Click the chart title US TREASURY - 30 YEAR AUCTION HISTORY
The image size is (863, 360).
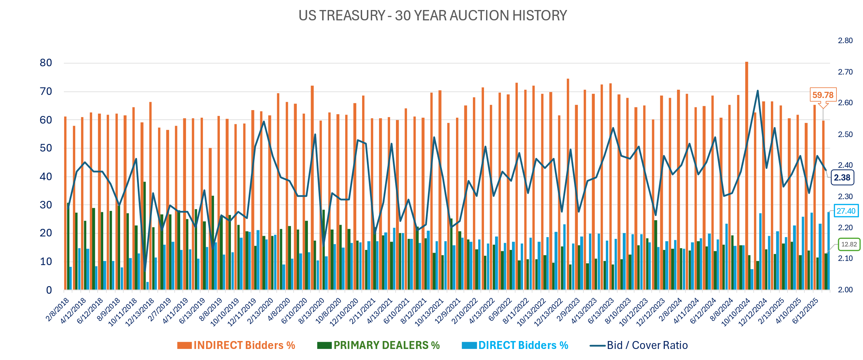433,16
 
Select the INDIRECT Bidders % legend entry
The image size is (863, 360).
236,345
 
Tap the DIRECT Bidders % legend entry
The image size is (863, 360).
515,345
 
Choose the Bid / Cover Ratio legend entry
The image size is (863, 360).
639,345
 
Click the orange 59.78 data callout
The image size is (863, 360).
823,95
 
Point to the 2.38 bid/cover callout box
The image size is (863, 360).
842,177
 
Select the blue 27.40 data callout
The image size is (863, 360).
846,211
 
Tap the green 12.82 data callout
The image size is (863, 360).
849,244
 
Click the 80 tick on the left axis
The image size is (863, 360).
46,63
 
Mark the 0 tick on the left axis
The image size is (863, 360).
49,290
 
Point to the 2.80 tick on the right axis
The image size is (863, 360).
845,41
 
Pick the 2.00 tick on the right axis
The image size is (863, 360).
845,290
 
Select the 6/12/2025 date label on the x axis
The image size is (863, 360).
805,311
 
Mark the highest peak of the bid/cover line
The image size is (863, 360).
757,91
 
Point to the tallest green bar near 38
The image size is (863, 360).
145,235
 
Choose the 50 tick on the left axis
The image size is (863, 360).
46,148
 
